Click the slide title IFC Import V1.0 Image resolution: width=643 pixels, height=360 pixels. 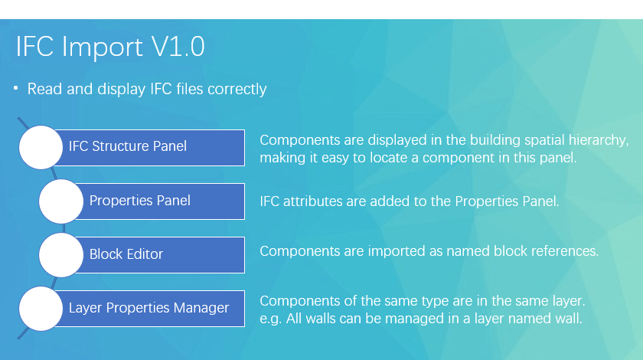[110, 47]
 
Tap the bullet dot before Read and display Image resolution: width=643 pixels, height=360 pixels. [15, 88]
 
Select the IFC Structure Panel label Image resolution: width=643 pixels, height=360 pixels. [128, 146]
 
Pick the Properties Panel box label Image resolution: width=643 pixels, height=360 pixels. [140, 201]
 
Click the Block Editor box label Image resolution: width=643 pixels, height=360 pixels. [126, 254]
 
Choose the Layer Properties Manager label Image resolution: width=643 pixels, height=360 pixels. [149, 308]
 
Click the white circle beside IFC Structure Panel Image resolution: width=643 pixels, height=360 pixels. [41, 147]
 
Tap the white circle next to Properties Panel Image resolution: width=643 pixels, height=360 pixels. [61, 201]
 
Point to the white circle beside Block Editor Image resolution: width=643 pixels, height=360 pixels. [61, 255]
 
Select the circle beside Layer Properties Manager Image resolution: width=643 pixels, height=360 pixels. [41, 309]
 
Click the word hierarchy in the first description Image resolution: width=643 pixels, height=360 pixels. [599, 140]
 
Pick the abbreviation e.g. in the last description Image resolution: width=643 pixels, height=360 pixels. [271, 319]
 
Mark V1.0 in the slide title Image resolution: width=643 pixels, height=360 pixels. [178, 47]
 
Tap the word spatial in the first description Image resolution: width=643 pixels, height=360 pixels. [543, 140]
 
